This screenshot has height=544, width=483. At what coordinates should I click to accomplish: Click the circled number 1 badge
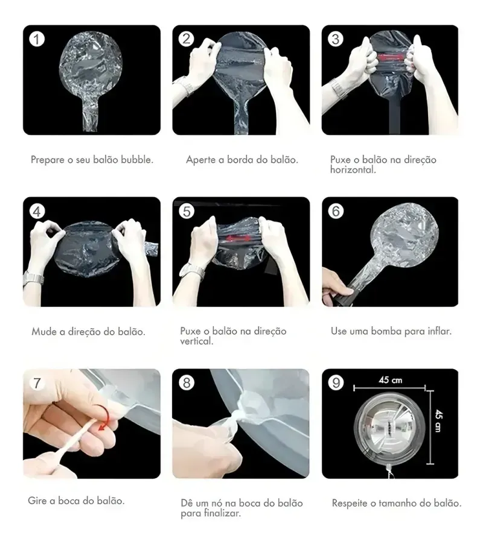pos(37,39)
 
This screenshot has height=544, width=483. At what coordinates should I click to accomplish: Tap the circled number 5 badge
pos(187,211)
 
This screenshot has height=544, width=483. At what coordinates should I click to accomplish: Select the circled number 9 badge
pos(336,383)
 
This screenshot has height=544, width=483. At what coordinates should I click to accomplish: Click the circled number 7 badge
pos(37,383)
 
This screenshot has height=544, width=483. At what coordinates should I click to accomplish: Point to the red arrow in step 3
pos(391,57)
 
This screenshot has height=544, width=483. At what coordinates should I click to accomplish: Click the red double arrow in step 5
pos(238,238)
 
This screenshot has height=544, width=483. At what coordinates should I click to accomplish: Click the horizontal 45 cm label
pos(390,380)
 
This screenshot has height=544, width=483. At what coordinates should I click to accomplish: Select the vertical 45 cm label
pos(438,420)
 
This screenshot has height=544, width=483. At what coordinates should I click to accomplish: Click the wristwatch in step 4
pos(33,278)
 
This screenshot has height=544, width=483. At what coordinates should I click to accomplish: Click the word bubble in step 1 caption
pos(137,160)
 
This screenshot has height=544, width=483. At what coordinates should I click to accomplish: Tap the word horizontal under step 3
pos(353,169)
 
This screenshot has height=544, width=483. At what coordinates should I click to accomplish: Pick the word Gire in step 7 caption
pos(36,501)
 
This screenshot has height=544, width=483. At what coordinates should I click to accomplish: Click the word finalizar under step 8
pos(223,513)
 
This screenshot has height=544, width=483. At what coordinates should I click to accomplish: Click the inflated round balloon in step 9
pos(389,428)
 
